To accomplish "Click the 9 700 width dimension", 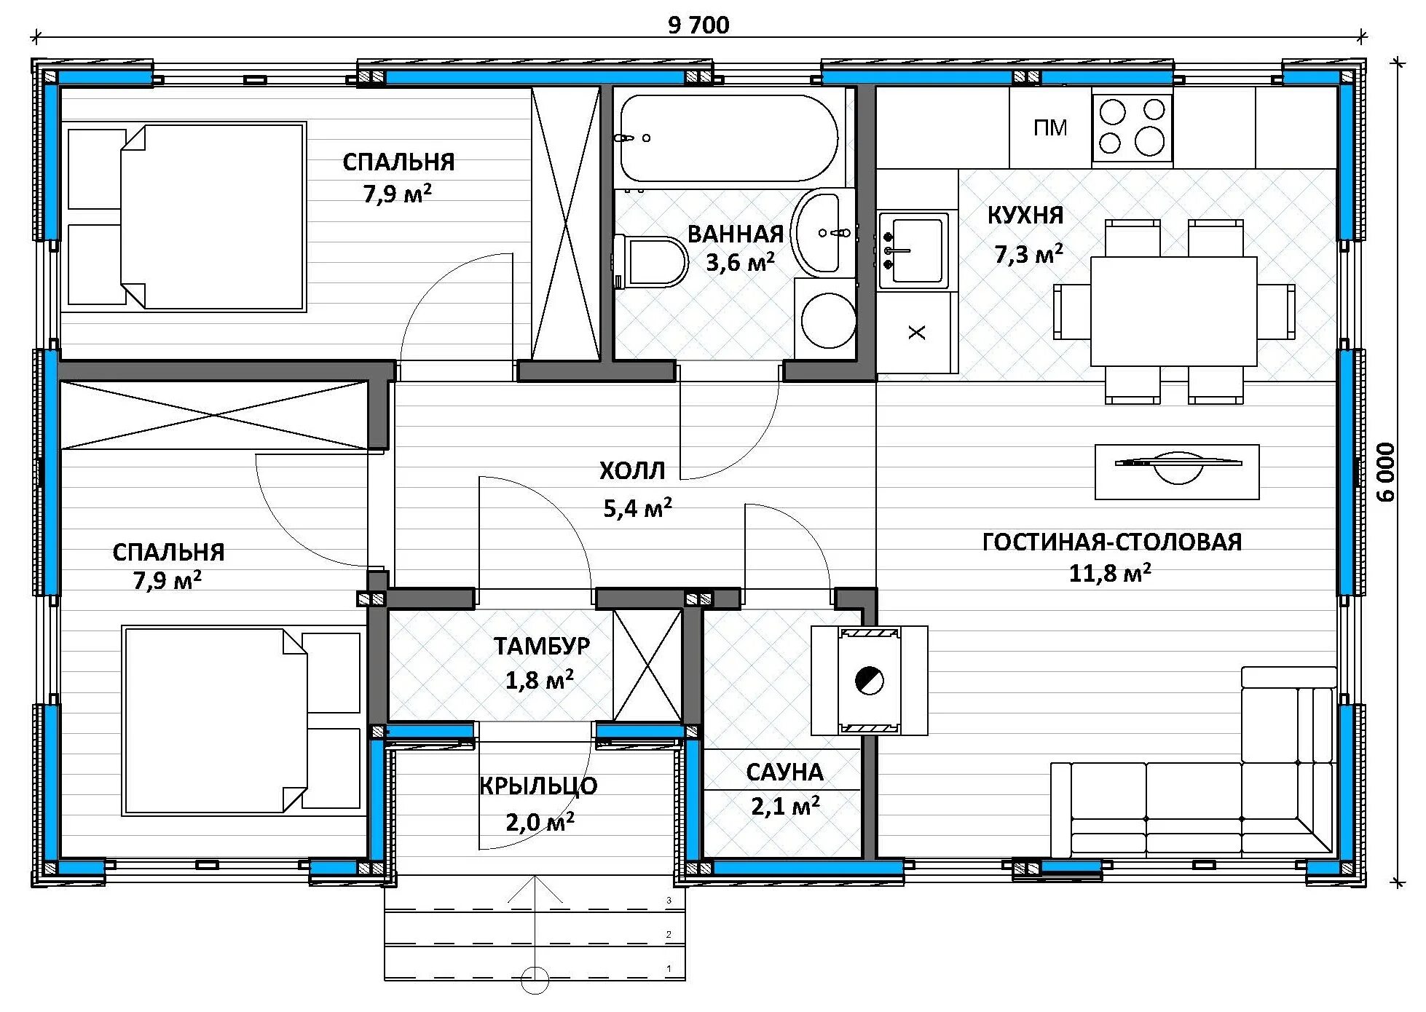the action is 698,25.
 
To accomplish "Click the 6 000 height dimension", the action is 1386,472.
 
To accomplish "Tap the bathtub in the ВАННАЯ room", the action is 728,138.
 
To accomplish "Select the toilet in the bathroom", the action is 650,261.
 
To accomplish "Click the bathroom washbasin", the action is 816,232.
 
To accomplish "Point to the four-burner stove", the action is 1132,128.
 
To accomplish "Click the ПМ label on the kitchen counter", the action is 1049,128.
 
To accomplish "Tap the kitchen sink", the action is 913,250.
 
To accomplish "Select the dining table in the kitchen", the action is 1173,311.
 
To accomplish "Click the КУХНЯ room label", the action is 1025,216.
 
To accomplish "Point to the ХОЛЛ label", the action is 632,471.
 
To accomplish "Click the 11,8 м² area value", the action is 1110,573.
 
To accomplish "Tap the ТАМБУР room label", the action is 542,646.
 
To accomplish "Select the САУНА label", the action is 784,772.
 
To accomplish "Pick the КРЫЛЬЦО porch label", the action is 538,786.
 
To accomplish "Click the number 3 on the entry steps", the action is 669,901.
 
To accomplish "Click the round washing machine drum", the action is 829,320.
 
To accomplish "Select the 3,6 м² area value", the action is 740,262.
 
